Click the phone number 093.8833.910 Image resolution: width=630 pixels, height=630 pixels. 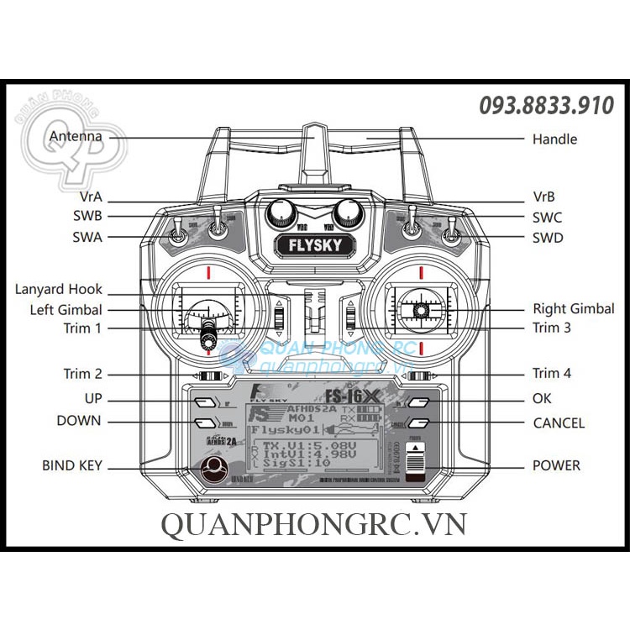point(546,106)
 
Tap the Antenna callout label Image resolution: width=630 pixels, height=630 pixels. point(76,136)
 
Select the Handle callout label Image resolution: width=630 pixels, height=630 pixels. point(554,139)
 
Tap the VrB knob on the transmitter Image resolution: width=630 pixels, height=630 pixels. point(345,214)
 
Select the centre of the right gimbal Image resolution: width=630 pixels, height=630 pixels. point(420,311)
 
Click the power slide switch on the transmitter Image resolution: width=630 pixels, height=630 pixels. point(417,461)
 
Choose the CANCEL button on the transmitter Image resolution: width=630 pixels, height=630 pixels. point(419,423)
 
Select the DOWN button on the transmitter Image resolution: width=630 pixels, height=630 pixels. point(204,423)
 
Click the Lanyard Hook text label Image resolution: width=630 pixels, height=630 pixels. point(58,289)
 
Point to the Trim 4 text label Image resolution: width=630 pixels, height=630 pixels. point(551,373)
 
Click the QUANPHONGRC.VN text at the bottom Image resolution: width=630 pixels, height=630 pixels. point(312,525)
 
